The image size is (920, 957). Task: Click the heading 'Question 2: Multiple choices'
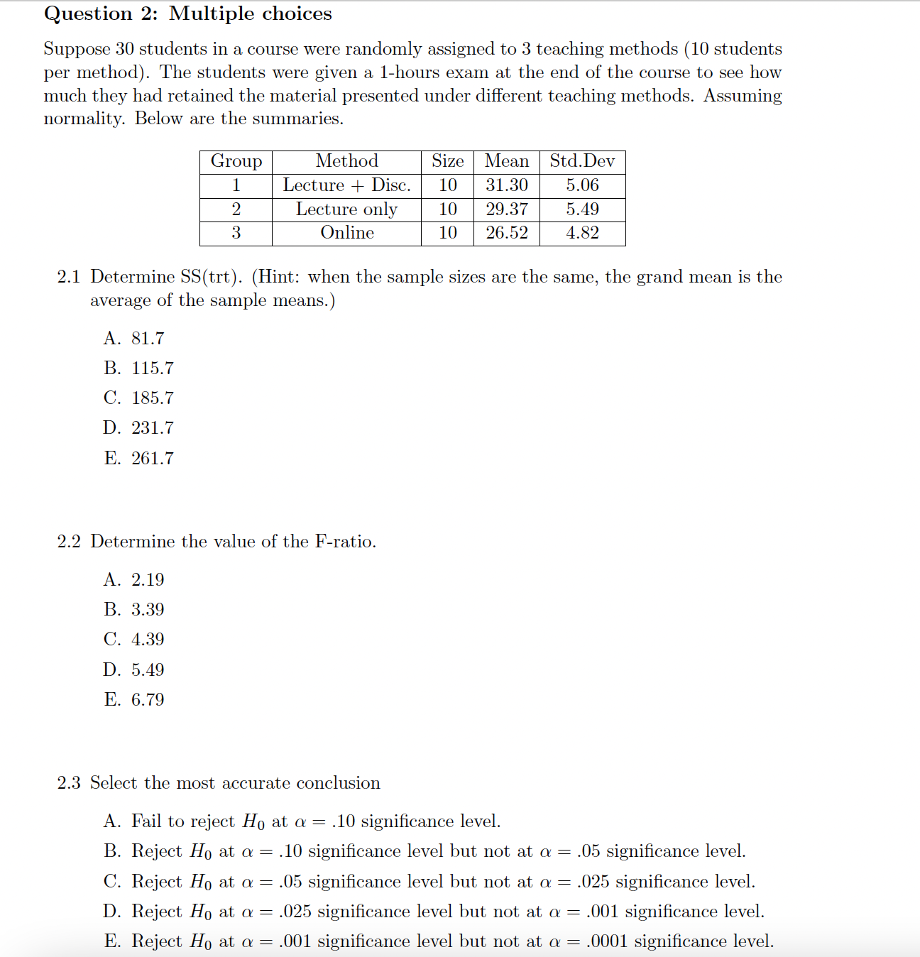click(x=187, y=13)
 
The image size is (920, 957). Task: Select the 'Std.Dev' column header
click(x=582, y=161)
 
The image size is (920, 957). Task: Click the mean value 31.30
click(x=506, y=185)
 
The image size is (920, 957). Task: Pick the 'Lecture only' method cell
click(x=346, y=209)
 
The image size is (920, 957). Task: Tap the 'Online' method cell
click(x=346, y=233)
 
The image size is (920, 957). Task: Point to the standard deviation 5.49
click(x=582, y=209)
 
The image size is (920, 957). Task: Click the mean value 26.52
click(x=506, y=233)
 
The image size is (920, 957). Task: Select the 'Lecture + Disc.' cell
click(x=346, y=185)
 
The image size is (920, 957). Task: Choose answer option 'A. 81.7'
click(x=134, y=339)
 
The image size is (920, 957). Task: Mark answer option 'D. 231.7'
click(x=138, y=428)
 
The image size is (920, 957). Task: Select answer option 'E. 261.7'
click(x=138, y=459)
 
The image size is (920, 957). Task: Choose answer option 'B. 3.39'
click(x=134, y=610)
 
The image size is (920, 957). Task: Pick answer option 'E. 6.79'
click(x=134, y=700)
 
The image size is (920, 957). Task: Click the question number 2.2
click(x=69, y=542)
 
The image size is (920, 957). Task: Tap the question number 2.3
click(x=69, y=783)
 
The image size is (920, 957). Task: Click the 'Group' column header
click(x=236, y=161)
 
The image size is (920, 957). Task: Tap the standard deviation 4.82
click(x=582, y=233)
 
